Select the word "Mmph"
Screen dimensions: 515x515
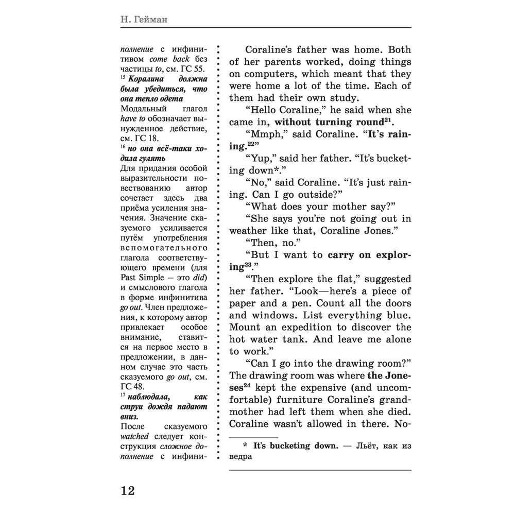click(x=264, y=134)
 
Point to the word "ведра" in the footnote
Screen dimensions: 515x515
click(x=241, y=457)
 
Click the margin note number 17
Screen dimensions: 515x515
click(x=123, y=396)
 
